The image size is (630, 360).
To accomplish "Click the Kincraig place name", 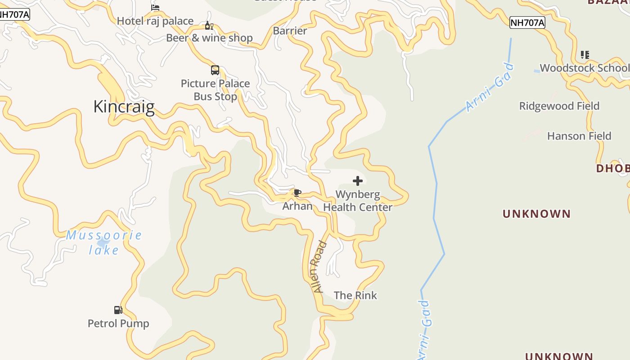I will click(124, 107).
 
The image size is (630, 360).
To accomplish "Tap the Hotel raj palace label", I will click(155, 21).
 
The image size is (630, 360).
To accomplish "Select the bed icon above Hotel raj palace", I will click(155, 7).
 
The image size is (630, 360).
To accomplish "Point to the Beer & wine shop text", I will click(209, 38).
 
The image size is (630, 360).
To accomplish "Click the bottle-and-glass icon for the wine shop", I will click(209, 26).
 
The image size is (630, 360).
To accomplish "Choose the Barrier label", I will click(290, 31).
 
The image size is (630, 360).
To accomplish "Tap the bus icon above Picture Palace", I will click(215, 70).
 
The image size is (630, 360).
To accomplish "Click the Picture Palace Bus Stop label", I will click(215, 90).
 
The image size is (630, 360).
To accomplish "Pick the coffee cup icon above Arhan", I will click(297, 193).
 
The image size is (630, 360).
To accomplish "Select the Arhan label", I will click(297, 206).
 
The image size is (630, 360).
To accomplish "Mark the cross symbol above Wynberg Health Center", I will click(358, 181).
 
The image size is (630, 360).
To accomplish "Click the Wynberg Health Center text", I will click(358, 201).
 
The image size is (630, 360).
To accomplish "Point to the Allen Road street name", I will click(320, 267).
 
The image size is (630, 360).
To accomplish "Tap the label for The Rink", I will click(355, 295).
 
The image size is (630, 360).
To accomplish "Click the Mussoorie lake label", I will click(104, 242).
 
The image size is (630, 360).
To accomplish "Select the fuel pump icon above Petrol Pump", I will click(118, 310).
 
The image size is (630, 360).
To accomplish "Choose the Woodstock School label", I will click(585, 68).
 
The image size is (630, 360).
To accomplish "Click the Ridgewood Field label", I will click(559, 106).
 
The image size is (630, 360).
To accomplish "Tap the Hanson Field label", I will click(579, 136).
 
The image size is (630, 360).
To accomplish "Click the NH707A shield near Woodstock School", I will click(527, 23).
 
